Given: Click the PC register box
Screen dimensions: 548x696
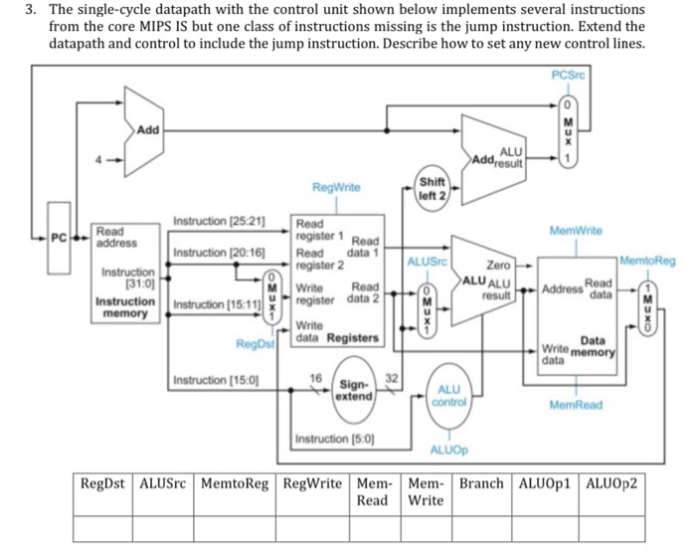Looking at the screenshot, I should pos(60,239).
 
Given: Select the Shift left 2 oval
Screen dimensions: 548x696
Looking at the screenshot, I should pos(433,189).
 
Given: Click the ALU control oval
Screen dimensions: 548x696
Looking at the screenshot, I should pos(448,395).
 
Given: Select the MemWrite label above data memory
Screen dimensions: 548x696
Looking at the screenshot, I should pos(577,230).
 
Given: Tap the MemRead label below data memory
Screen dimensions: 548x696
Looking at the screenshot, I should pos(575,405).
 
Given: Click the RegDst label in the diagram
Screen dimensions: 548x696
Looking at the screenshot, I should pos(255,344).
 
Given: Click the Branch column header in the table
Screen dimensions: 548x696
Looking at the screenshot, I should pos(482,484).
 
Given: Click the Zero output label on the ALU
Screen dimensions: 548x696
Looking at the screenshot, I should pos(498,266).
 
